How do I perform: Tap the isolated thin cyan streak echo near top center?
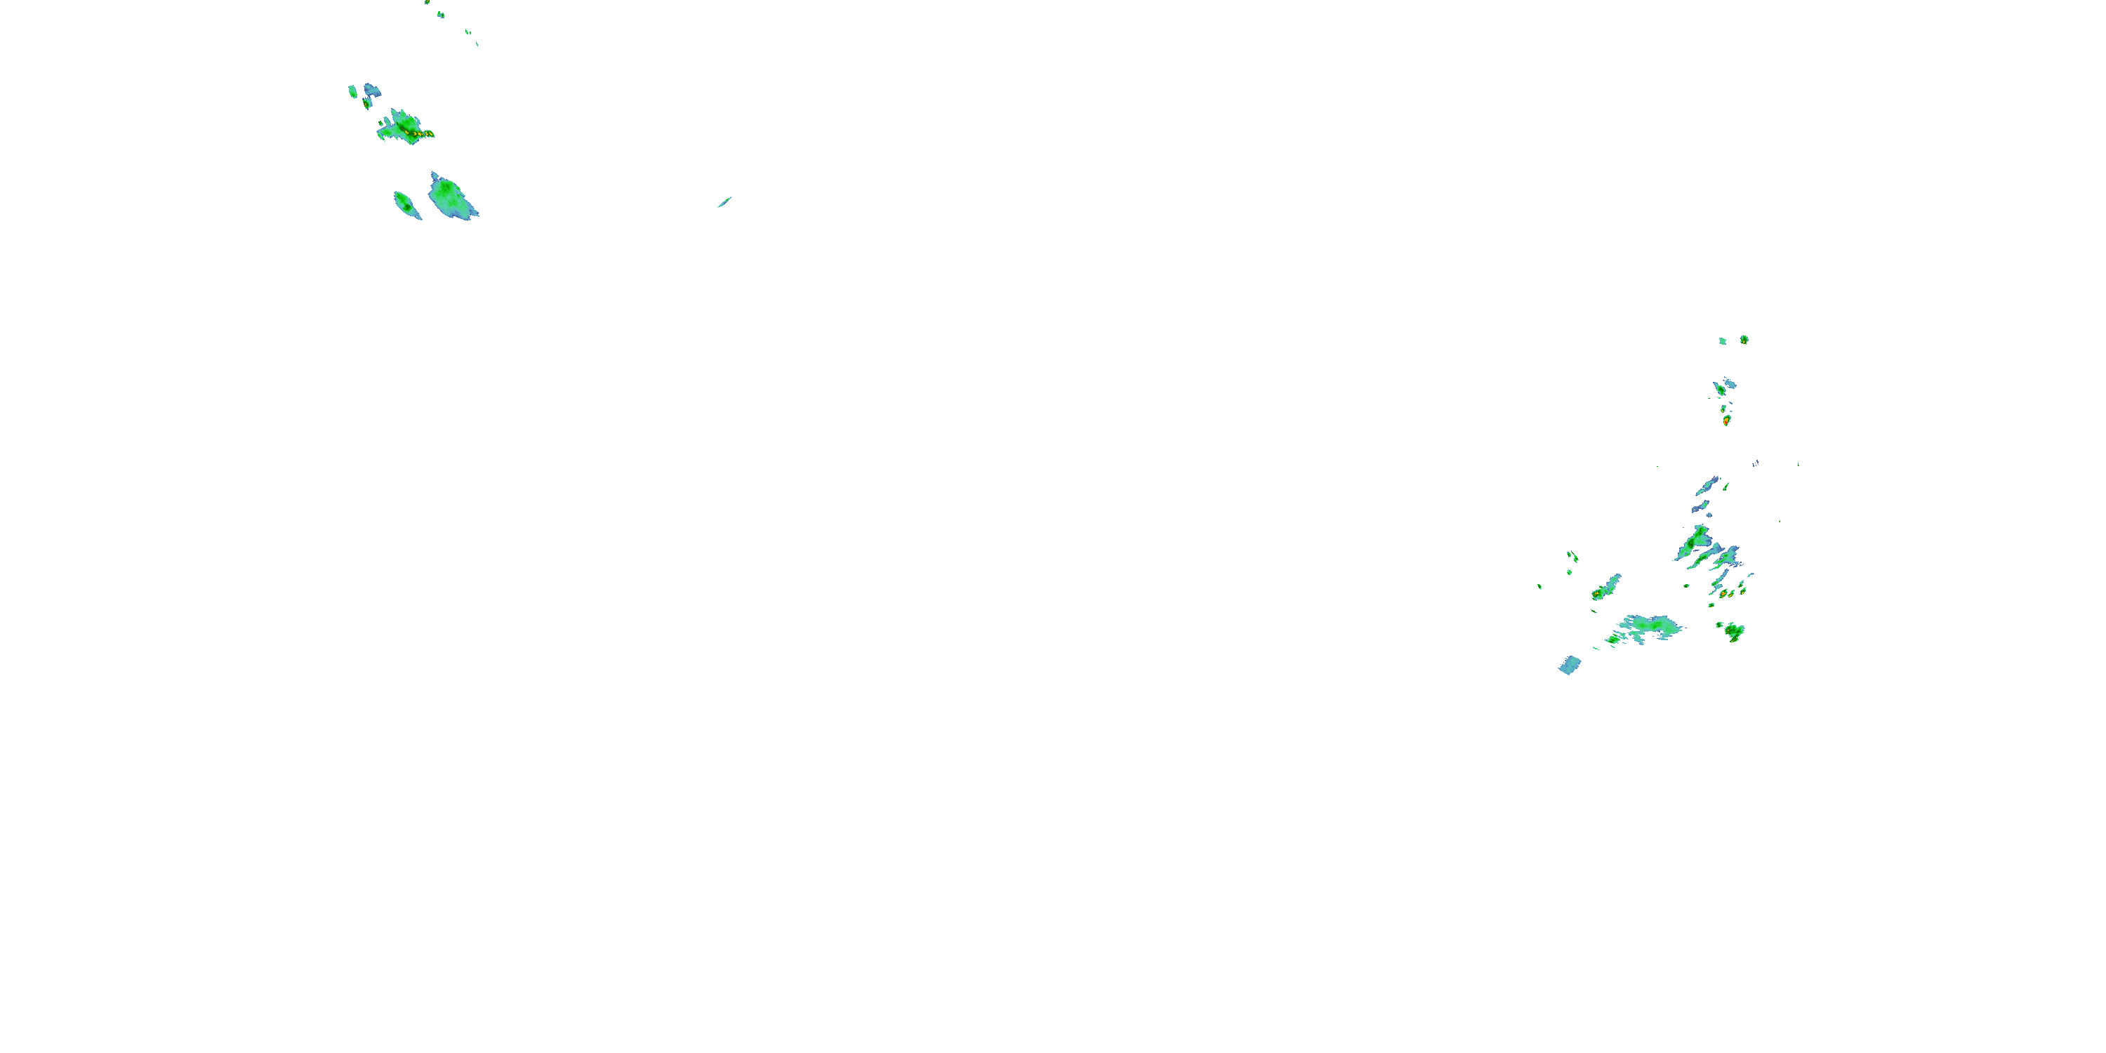[724, 202]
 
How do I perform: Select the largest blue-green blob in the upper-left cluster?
[451, 197]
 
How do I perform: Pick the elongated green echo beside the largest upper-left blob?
[406, 204]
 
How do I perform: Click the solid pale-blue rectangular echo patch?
[1570, 665]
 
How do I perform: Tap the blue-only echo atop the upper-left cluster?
[373, 89]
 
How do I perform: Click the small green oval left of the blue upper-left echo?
[352, 91]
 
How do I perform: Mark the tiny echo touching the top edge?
[427, 2]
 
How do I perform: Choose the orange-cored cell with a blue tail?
[1603, 590]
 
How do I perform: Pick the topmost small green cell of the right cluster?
[1744, 339]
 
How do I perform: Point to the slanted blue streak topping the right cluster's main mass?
[1707, 486]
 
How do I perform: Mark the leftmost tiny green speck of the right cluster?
[1539, 586]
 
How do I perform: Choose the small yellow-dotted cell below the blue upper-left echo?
[368, 104]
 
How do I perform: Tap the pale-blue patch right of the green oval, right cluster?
[1730, 383]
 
